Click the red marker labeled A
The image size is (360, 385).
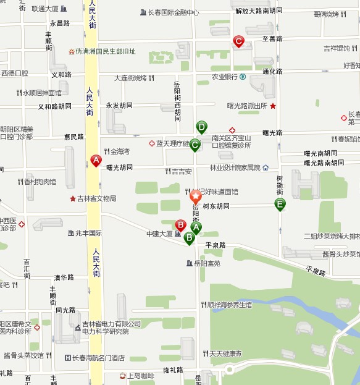pos(96,160)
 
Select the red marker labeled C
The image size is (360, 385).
pos(238,41)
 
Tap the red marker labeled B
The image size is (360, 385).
pos(181,225)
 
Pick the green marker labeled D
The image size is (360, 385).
pos(201,127)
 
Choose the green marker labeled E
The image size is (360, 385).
pos(280,205)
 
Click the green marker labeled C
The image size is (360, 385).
pos(195,146)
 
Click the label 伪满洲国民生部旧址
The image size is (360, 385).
pos(106,52)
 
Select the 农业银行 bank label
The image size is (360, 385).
pos(225,77)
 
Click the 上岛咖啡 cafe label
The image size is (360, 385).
pos(141,375)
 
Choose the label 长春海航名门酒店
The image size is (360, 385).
pos(99,358)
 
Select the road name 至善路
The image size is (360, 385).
pos(272,38)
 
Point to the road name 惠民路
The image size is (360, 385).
pos(73,137)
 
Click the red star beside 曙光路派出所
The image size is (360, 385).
pos(273,106)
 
